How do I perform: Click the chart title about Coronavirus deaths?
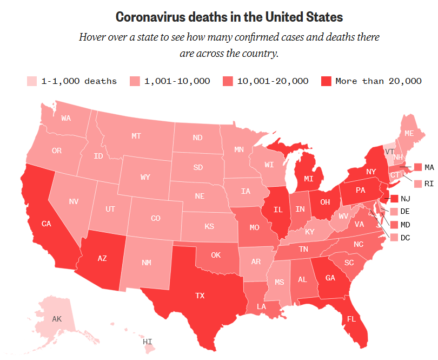[230, 17]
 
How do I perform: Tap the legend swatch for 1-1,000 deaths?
[32, 81]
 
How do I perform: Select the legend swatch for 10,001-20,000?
[228, 81]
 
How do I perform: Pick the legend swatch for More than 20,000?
[326, 81]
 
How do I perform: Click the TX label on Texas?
[201, 296]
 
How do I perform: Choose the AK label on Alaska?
[57, 319]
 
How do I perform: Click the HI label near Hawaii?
[148, 342]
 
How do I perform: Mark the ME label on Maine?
[410, 133]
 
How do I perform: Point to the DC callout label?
[406, 237]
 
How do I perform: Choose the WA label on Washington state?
[67, 118]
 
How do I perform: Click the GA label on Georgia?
[331, 278]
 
